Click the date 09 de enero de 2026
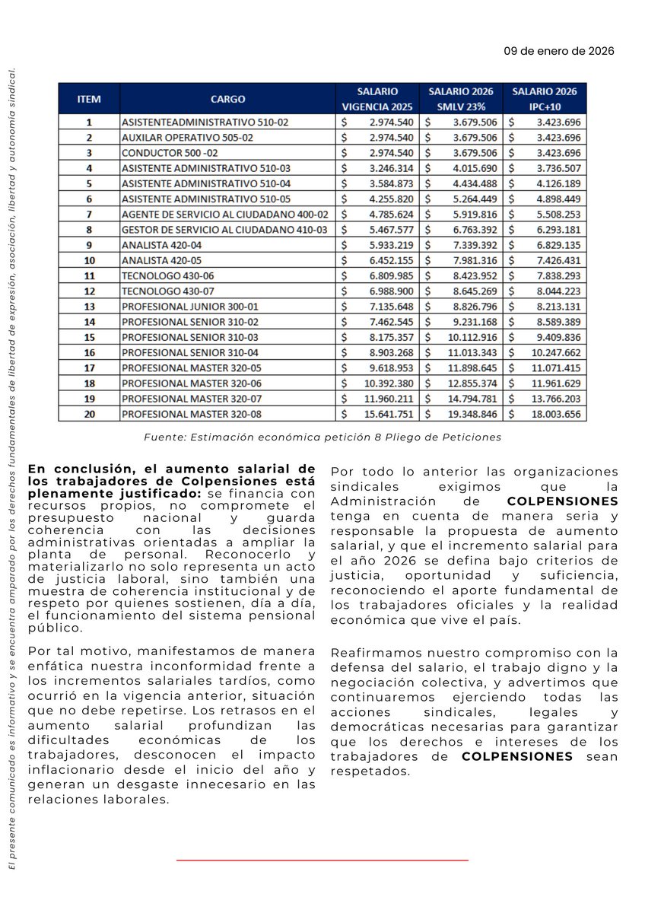(558, 52)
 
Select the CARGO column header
(227, 99)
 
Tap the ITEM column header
(88, 99)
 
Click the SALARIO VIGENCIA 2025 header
(378, 99)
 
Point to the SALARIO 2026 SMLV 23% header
(462, 99)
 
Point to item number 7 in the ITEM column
(88, 214)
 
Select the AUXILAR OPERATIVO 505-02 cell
(178, 137)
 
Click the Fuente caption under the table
(322, 437)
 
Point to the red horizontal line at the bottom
(322, 861)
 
